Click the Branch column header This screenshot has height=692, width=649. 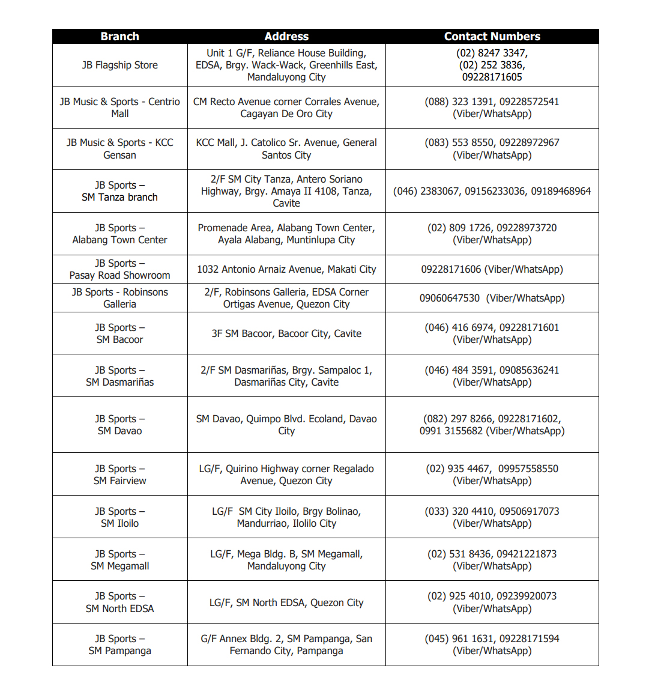[119, 37]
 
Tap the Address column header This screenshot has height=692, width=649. [286, 37]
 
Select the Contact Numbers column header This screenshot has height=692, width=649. [492, 37]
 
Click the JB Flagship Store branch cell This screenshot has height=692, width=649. [119, 65]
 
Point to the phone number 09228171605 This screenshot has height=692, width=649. [492, 77]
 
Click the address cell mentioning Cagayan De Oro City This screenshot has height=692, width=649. [286, 108]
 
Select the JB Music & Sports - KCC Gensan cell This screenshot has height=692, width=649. [119, 149]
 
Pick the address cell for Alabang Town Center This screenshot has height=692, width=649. [286, 234]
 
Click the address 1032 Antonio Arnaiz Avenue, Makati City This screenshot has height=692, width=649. [286, 269]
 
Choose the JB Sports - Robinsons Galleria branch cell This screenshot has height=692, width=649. [119, 298]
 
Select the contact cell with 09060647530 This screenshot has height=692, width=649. [492, 298]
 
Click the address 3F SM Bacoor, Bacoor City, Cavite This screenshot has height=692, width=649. [286, 333]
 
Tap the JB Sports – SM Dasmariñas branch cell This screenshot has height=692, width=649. [119, 376]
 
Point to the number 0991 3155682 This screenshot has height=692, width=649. [451, 431]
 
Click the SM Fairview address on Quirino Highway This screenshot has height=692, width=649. [286, 475]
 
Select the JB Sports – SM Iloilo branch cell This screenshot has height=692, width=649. [119, 517]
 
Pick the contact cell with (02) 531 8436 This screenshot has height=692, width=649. [492, 560]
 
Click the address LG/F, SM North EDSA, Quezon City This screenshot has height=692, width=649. [286, 602]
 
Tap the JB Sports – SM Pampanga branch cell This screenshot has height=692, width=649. [119, 645]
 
